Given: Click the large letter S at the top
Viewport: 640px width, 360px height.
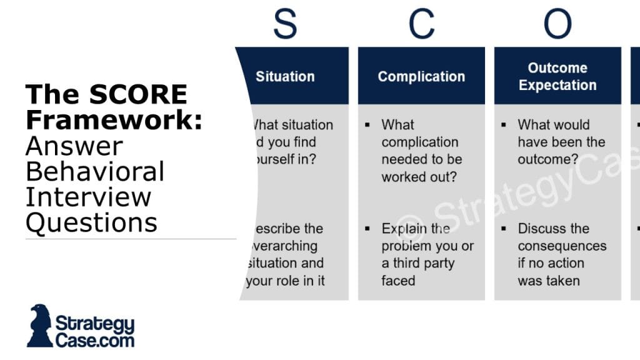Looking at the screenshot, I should click(285, 24).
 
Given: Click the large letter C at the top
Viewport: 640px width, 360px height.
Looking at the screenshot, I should click(421, 24).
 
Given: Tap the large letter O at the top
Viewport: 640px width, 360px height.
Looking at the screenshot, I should click(557, 24).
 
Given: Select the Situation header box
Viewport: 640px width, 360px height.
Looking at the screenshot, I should click(292, 76).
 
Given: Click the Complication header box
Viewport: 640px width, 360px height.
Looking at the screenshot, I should click(421, 76).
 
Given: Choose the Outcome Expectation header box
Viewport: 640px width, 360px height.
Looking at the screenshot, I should click(557, 76).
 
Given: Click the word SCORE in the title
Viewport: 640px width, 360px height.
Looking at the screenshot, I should click(138, 95).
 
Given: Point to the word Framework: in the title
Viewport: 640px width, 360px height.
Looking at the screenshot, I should click(114, 120).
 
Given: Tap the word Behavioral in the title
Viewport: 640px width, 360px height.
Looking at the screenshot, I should click(94, 171).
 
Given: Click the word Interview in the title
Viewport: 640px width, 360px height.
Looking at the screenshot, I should click(88, 197).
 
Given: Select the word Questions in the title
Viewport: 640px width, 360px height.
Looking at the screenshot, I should click(91, 222).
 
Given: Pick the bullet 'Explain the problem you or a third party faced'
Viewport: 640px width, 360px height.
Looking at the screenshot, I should click(427, 254).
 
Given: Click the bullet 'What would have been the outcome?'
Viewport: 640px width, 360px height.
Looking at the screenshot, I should click(561, 142).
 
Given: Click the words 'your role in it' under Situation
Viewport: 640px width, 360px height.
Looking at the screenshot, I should click(286, 281).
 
